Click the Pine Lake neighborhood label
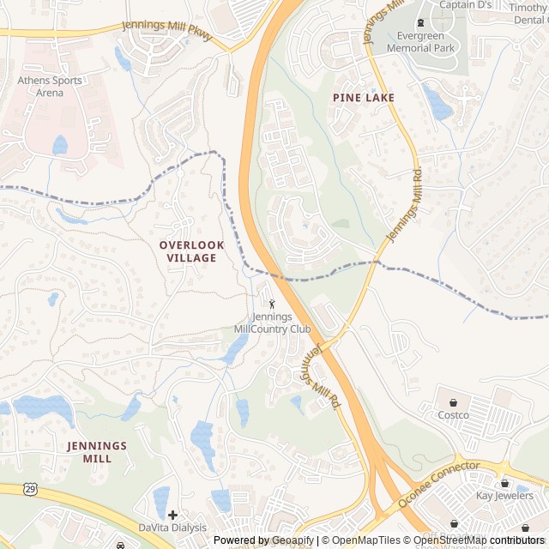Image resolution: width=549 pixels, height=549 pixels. click(364, 98)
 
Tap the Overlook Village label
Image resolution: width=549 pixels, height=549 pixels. click(191, 251)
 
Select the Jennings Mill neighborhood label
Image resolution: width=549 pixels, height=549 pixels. click(97, 452)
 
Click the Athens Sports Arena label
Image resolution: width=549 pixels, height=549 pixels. click(51, 87)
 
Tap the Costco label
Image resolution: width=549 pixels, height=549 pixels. click(453, 415)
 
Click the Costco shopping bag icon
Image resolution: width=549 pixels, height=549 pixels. click(453, 401)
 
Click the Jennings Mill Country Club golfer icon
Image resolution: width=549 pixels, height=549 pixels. click(273, 304)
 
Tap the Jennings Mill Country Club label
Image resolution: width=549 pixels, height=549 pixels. click(272, 323)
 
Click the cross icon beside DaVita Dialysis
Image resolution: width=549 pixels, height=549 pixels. click(172, 515)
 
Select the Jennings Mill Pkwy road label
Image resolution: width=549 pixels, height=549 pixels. click(166, 30)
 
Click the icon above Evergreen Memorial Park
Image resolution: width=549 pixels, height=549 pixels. click(419, 22)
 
